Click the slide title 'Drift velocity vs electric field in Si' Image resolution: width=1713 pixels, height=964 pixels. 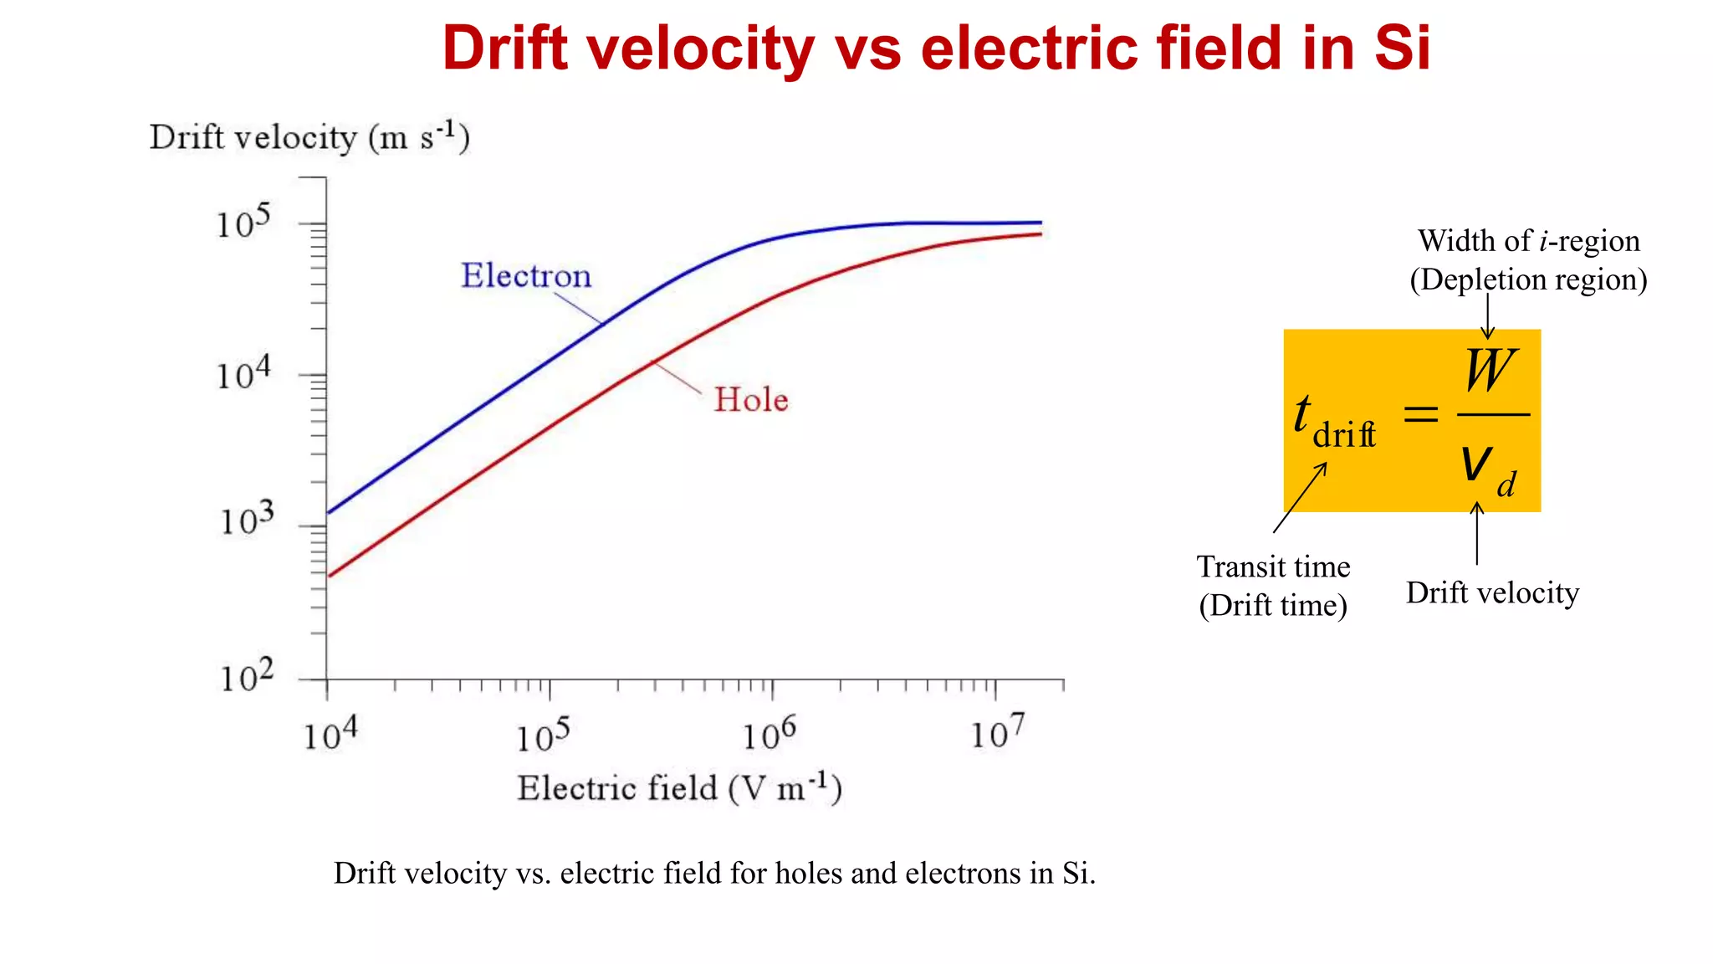click(936, 48)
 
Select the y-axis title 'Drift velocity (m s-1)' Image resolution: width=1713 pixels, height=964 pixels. click(309, 136)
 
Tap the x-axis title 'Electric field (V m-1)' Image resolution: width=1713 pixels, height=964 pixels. click(679, 788)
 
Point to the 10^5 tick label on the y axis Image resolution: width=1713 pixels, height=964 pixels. click(243, 222)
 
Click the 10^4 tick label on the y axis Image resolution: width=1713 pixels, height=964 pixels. click(243, 373)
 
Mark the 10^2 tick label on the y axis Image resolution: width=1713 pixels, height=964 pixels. click(247, 675)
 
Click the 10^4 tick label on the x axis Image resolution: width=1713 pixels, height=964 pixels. click(330, 734)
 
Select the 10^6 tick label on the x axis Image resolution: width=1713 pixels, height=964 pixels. click(770, 734)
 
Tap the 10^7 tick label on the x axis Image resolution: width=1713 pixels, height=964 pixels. click(997, 732)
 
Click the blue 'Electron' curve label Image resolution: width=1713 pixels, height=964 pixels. click(526, 276)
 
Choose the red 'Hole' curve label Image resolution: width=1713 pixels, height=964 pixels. click(751, 400)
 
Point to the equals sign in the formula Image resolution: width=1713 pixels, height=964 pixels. click(1420, 413)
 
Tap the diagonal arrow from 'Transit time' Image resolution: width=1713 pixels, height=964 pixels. click(1300, 498)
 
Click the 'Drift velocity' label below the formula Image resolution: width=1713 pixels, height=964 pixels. click(1492, 593)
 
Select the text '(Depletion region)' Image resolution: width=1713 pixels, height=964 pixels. click(1528, 279)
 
